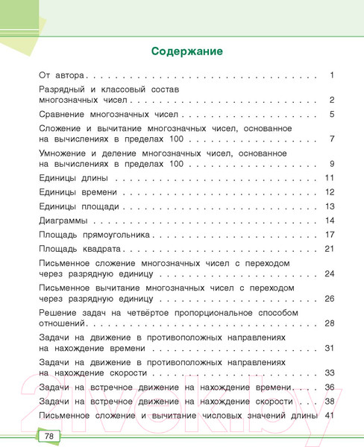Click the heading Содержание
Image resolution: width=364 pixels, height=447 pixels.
187,52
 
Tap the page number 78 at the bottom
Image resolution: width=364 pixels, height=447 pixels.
48,436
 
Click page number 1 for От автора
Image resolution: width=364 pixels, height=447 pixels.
331,75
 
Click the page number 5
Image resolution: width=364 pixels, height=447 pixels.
331,114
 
